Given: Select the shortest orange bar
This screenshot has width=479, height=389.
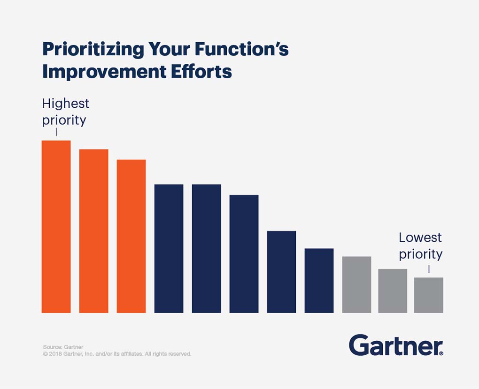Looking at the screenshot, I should (131, 236).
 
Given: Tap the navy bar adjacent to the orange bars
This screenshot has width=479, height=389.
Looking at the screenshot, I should (169, 248).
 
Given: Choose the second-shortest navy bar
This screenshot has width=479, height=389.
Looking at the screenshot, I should (281, 272).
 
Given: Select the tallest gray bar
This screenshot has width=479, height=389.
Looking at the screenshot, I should (356, 284).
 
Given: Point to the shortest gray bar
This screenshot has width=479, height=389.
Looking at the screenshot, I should (428, 295).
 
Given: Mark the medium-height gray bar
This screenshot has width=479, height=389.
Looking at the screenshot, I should (393, 291).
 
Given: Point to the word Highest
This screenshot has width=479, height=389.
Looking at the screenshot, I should (65, 103).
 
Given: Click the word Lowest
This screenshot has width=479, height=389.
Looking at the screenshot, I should (420, 238).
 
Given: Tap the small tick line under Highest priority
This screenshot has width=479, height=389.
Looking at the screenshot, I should (56, 133).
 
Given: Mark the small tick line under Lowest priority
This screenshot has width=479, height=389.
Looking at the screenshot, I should (429, 269).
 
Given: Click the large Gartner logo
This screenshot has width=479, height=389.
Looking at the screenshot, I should (396, 345).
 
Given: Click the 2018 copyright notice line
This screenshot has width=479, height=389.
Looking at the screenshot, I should (117, 354).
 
